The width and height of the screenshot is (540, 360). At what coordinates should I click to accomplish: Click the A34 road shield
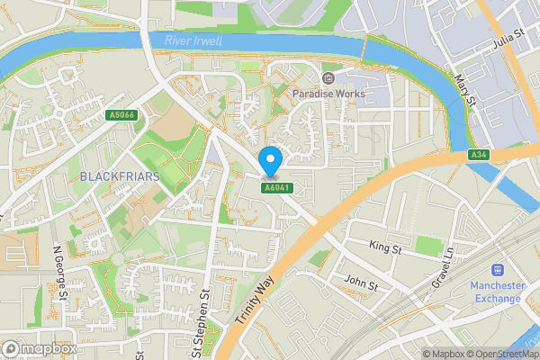click(479, 155)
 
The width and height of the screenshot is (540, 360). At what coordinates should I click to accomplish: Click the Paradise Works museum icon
click(327, 78)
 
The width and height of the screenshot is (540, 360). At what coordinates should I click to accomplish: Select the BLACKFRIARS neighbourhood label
click(119, 176)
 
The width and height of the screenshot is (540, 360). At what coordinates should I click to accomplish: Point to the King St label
click(384, 245)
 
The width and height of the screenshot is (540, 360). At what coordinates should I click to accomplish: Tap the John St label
click(361, 283)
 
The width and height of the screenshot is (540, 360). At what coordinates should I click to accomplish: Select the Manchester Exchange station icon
click(497, 270)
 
